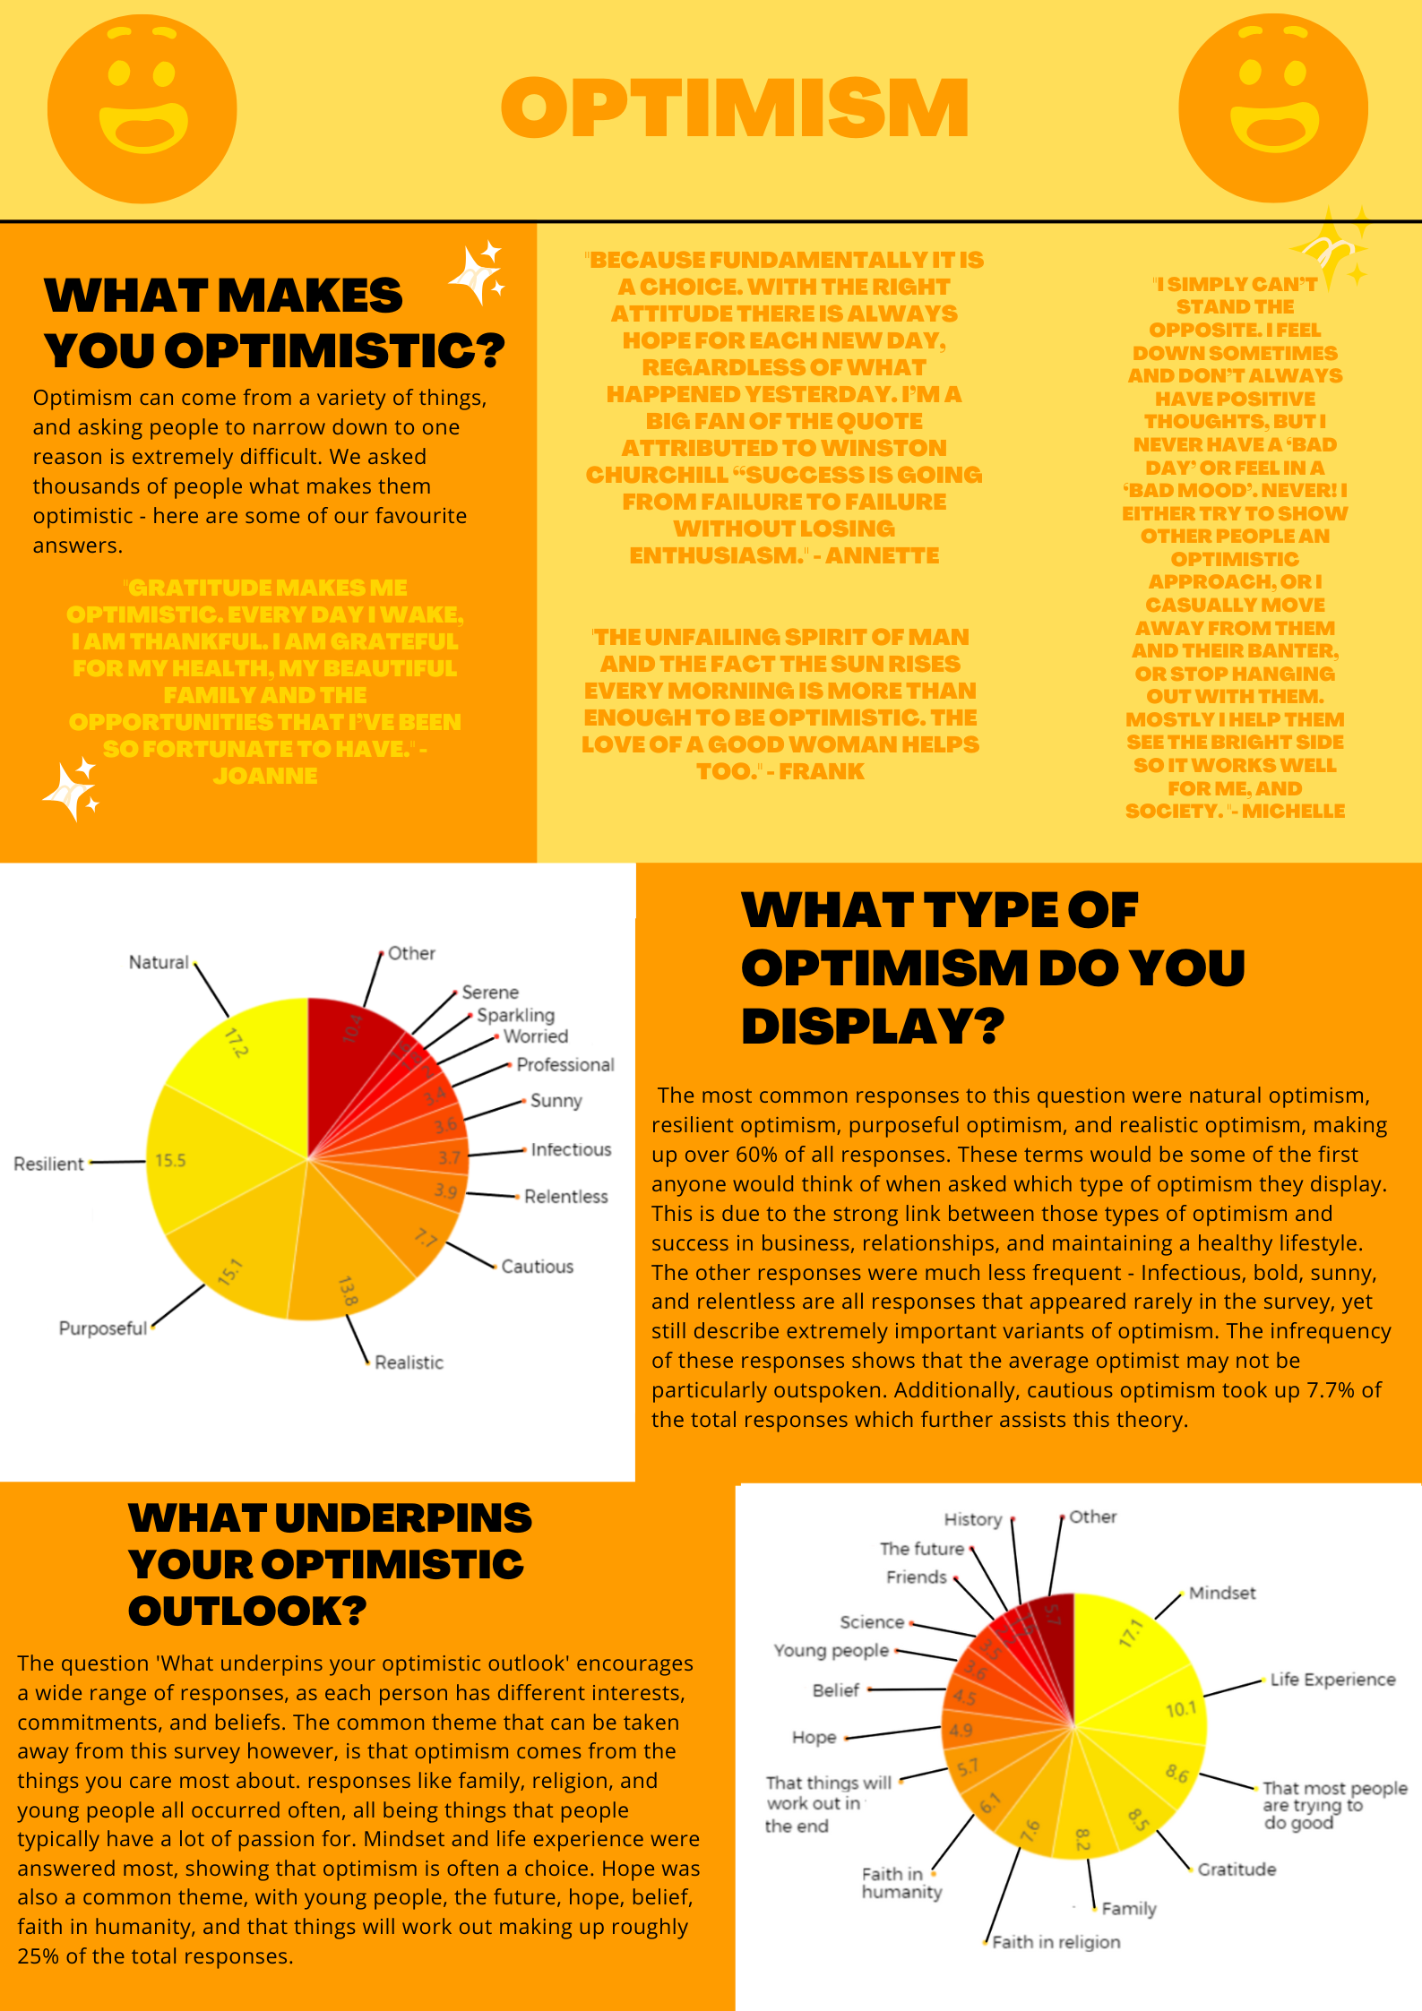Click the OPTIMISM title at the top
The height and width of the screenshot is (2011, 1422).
[x=735, y=107]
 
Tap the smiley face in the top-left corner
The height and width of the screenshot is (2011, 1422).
[x=142, y=108]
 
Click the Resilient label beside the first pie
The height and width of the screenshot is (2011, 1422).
[x=48, y=1164]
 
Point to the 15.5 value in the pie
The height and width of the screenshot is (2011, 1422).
[x=170, y=1160]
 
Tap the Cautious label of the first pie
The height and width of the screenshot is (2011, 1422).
[x=537, y=1266]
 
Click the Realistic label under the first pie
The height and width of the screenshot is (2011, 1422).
[x=409, y=1362]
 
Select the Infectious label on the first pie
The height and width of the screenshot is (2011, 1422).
[x=571, y=1149]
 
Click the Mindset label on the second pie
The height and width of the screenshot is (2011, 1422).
[x=1221, y=1593]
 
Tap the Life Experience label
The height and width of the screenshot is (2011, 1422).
[x=1332, y=1679]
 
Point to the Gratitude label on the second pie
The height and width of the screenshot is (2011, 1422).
[x=1237, y=1869]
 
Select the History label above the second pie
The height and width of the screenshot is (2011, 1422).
[x=972, y=1519]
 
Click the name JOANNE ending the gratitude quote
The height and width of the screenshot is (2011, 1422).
[x=265, y=776]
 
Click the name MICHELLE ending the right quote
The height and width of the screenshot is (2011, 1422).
[x=1293, y=811]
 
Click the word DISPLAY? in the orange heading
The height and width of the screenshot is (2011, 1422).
[x=872, y=1027]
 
